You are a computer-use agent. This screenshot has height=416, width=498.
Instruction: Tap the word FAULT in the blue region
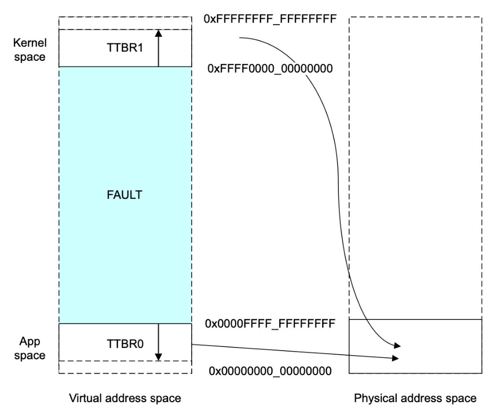coord(121,195)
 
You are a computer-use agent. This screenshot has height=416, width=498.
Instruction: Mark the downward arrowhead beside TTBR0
coord(158,357)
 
